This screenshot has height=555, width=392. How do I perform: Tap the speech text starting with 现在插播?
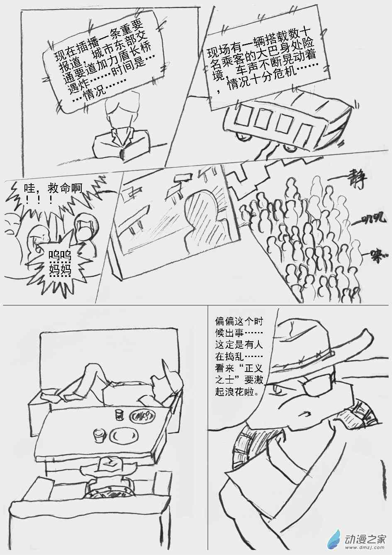click(x=104, y=66)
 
